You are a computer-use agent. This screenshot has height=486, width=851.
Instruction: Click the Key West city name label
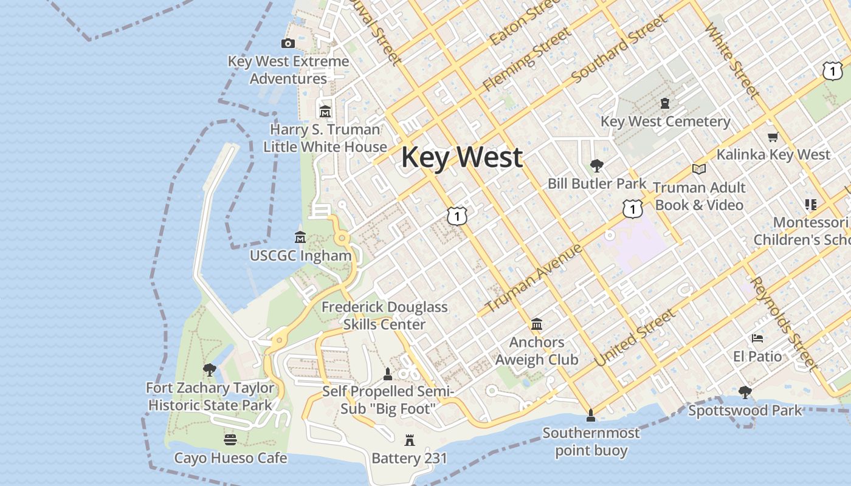tap(461, 157)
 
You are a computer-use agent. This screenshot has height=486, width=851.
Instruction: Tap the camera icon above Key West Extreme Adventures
tap(288, 43)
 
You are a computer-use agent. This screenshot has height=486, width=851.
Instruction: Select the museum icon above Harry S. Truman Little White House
tap(325, 112)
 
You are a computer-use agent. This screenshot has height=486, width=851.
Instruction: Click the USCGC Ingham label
tap(301, 256)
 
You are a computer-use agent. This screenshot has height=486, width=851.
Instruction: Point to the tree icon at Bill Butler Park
tap(597, 166)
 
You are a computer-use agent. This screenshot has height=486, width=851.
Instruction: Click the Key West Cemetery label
tap(665, 122)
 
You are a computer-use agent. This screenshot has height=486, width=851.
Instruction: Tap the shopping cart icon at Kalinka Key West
tap(773, 137)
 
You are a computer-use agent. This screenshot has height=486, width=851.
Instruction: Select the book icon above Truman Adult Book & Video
tap(699, 169)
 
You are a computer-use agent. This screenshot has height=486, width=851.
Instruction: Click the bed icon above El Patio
tap(757, 338)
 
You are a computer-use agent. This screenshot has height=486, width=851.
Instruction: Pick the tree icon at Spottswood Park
tap(745, 392)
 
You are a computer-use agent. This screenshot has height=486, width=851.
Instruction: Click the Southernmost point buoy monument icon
tap(590, 416)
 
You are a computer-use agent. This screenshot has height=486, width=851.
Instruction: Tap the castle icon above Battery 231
tap(409, 440)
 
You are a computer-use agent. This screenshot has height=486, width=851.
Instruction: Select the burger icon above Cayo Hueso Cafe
tap(230, 439)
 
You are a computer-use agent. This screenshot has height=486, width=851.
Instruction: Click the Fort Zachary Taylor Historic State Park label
tap(210, 396)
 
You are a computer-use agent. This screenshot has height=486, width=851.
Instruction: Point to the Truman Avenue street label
tap(534, 278)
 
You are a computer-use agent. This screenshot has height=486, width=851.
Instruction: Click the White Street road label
tap(732, 61)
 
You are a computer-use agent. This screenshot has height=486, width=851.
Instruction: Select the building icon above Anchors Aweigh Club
tap(537, 324)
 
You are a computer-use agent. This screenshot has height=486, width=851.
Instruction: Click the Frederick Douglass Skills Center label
tap(384, 315)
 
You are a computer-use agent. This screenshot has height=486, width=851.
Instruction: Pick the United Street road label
tap(635, 337)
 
